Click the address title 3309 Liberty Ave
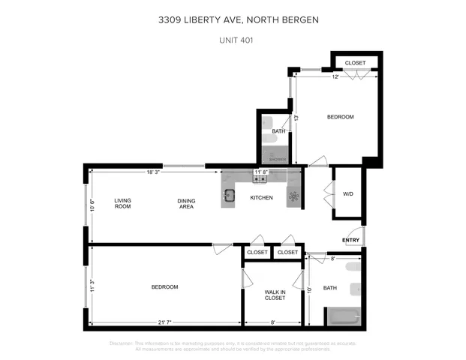click(233, 21)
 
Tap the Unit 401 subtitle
click(233, 40)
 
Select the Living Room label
click(122, 203)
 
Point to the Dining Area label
click(186, 203)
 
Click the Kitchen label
click(261, 198)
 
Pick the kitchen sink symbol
click(230, 197)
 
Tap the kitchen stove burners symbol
click(260, 178)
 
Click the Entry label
click(351, 240)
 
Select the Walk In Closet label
click(275, 295)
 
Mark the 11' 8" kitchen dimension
click(262, 172)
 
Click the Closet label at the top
click(355, 63)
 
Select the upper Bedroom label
click(340, 117)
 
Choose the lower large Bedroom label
click(164, 287)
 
